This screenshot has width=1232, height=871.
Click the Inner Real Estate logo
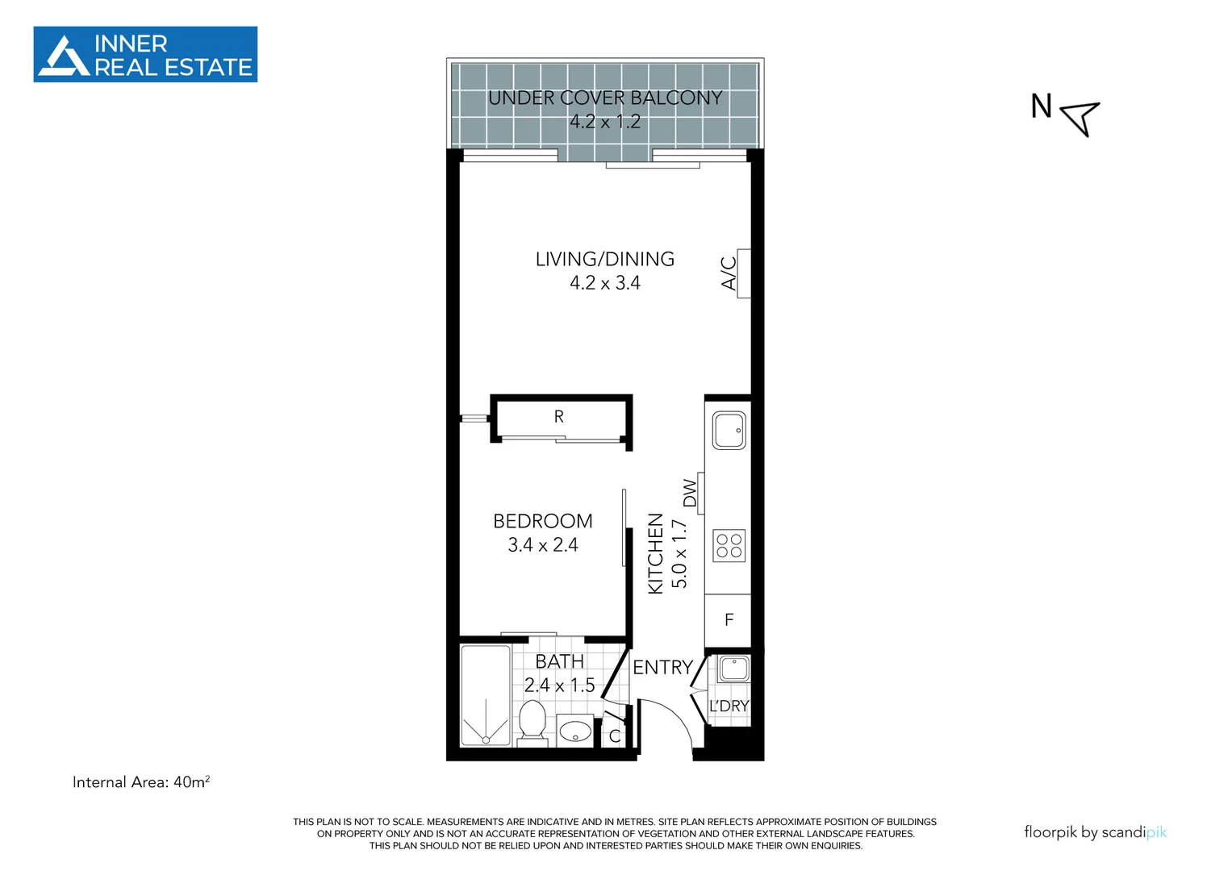(145, 55)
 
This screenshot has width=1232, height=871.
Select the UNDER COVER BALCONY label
(605, 98)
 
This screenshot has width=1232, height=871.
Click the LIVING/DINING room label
(605, 260)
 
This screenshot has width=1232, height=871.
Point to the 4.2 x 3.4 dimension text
(605, 283)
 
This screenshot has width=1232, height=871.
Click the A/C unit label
(729, 273)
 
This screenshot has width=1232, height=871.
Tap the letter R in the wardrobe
(558, 417)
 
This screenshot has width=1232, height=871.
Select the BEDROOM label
(543, 522)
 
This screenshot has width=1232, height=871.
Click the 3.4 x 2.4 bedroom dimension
(543, 545)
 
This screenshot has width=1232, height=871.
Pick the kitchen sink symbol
(729, 431)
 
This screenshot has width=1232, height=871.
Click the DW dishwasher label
(690, 494)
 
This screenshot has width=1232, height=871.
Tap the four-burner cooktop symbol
(729, 546)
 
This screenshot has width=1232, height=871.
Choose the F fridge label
(729, 620)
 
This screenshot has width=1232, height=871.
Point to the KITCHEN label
(656, 554)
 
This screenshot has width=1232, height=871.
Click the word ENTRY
(662, 668)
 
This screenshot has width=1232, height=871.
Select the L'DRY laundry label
(729, 706)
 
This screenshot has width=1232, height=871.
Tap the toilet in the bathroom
(532, 720)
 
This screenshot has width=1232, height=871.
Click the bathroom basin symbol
(575, 731)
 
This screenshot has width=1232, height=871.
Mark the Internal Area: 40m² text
(141, 782)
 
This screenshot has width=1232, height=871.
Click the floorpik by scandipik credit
(1095, 832)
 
